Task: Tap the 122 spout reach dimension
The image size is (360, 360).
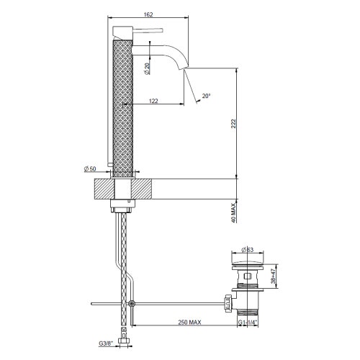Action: (153, 102)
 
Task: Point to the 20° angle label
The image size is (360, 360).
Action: (206, 96)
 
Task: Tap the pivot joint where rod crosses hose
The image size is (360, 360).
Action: (131, 304)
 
